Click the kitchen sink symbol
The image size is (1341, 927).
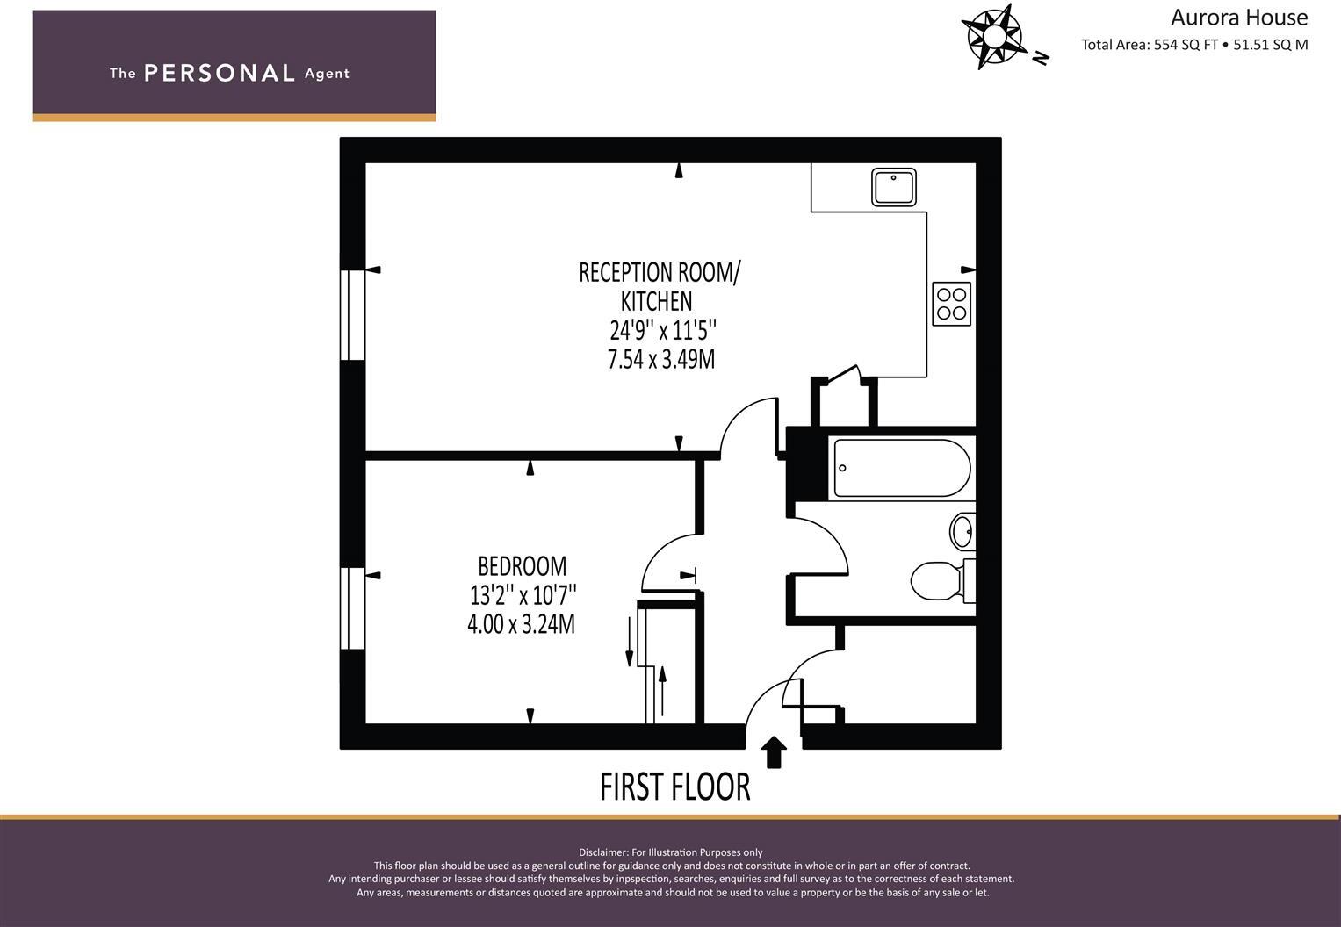tap(894, 187)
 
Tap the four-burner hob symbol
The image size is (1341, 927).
tap(951, 304)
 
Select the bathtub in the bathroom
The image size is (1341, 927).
tap(901, 468)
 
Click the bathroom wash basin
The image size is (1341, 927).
tap(962, 531)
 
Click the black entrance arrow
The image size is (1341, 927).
tap(773, 752)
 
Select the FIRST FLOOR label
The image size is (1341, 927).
tap(674, 787)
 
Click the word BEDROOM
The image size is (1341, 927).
tap(522, 565)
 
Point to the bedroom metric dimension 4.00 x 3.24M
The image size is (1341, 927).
tap(522, 624)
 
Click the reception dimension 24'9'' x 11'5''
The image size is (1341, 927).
tap(663, 330)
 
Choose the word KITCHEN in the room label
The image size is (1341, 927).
tap(656, 301)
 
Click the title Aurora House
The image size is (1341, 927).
tap(1238, 18)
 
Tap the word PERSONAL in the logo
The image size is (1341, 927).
tap(219, 73)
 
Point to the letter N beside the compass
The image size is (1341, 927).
tap(1041, 59)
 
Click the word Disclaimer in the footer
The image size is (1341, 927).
tap(602, 852)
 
